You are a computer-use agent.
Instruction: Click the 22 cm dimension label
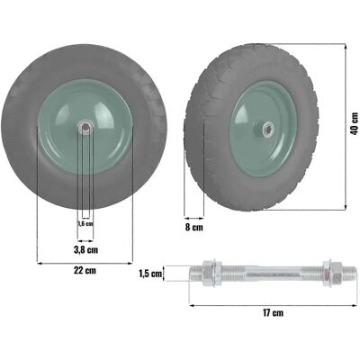85,270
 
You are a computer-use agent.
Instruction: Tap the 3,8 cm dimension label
85,249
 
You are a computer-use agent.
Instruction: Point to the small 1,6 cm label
85,223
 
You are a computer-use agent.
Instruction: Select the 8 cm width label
193,227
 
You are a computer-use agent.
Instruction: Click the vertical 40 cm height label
355,123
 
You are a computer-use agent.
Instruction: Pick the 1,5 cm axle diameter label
150,274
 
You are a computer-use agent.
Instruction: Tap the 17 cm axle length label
273,313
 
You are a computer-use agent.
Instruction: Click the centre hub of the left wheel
85,127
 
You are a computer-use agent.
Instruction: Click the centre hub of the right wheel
266,130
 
